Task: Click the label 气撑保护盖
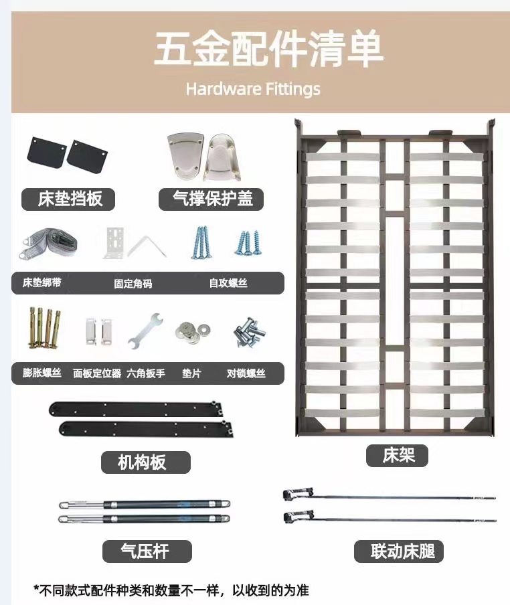[x=209, y=199]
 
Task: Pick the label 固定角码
[x=133, y=283]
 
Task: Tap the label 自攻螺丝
[x=228, y=283]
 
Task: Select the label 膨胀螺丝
[x=41, y=373]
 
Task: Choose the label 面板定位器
[x=96, y=373]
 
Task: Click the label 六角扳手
[x=145, y=373]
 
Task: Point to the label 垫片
[x=191, y=373]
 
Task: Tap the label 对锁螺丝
[x=246, y=373]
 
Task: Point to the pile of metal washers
[x=190, y=329]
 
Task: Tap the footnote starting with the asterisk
[x=171, y=590]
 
